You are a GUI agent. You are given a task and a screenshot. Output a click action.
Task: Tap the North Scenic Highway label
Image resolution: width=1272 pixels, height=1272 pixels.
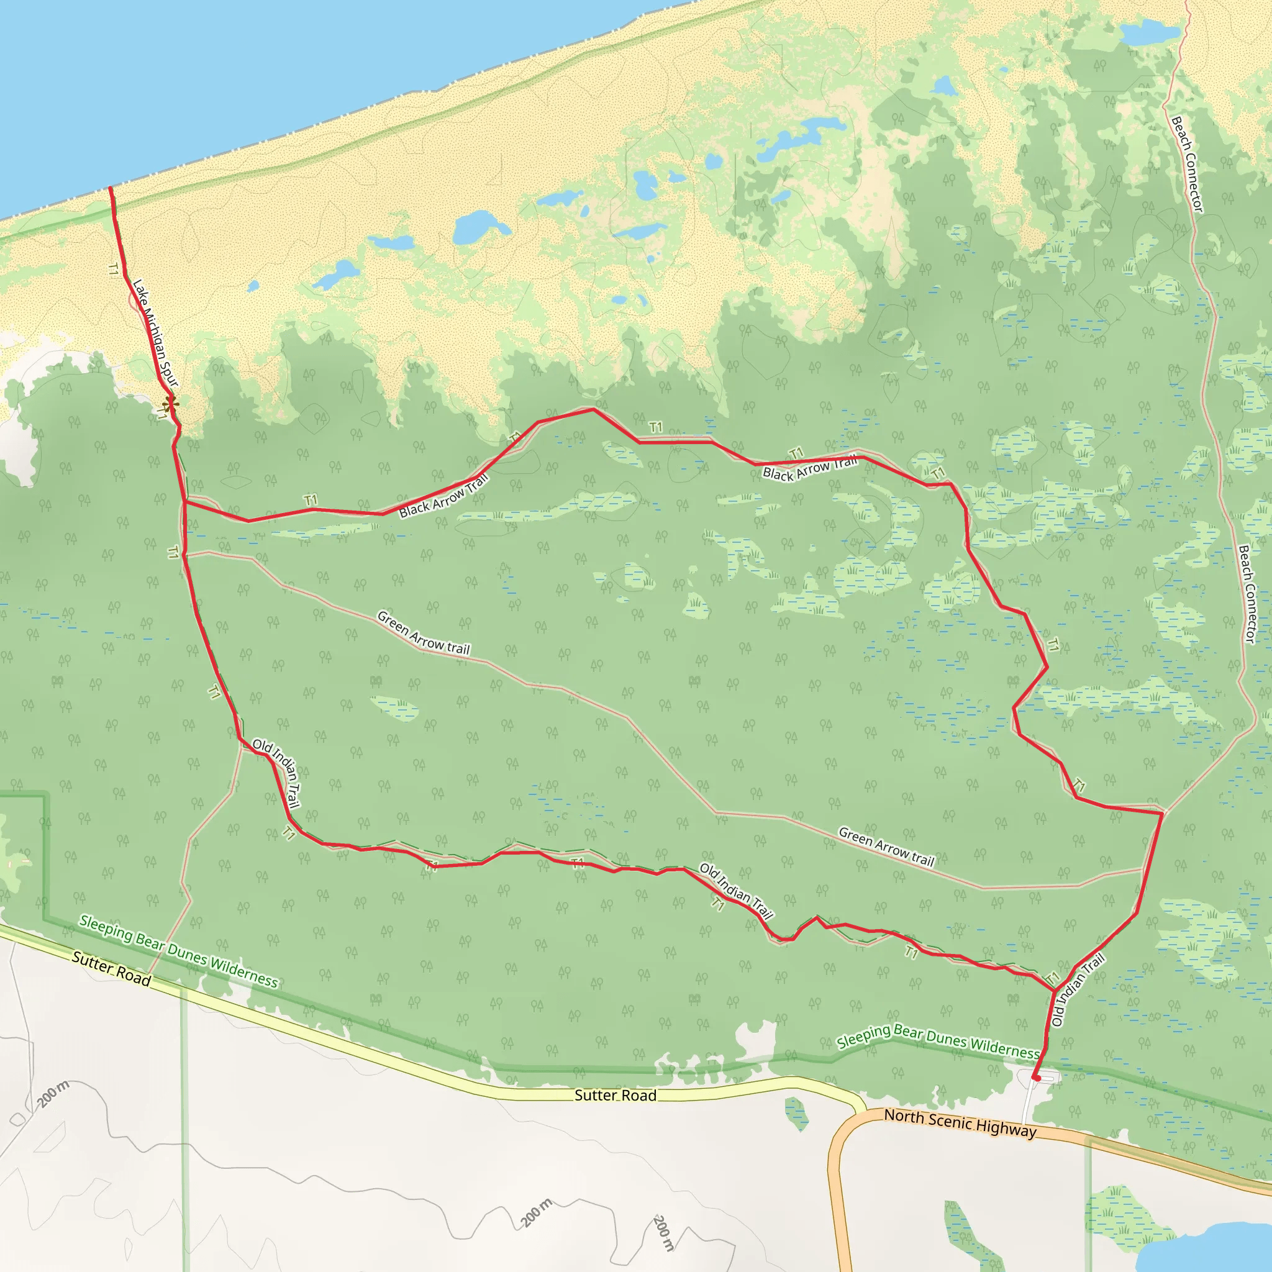pos(960,1123)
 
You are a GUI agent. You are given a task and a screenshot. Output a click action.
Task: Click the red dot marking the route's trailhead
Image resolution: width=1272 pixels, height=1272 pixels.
pos(1037,1078)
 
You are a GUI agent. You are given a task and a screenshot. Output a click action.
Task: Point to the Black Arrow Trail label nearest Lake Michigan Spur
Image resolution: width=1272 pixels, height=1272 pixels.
pos(443,496)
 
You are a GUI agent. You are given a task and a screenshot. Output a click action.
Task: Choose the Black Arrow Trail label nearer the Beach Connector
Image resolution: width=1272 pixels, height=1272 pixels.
pos(810,468)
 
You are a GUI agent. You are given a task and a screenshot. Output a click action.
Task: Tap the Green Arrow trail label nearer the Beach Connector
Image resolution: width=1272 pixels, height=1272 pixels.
pos(886,847)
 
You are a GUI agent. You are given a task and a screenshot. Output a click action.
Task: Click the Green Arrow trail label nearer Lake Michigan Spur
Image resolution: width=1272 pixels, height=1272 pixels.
pos(424,634)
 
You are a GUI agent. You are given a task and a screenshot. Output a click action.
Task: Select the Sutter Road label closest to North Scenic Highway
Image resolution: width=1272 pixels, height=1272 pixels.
pos(615,1095)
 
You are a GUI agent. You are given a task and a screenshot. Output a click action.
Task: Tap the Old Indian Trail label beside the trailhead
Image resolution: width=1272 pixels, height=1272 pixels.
pos(1077,991)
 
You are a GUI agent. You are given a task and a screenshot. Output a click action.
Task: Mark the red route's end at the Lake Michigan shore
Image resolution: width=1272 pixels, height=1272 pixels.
pos(110,188)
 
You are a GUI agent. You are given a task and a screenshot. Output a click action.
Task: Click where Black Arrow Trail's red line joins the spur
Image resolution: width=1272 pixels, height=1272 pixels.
pos(185,502)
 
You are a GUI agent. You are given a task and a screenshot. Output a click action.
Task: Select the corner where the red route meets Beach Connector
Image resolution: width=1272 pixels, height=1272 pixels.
pos(1162,813)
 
